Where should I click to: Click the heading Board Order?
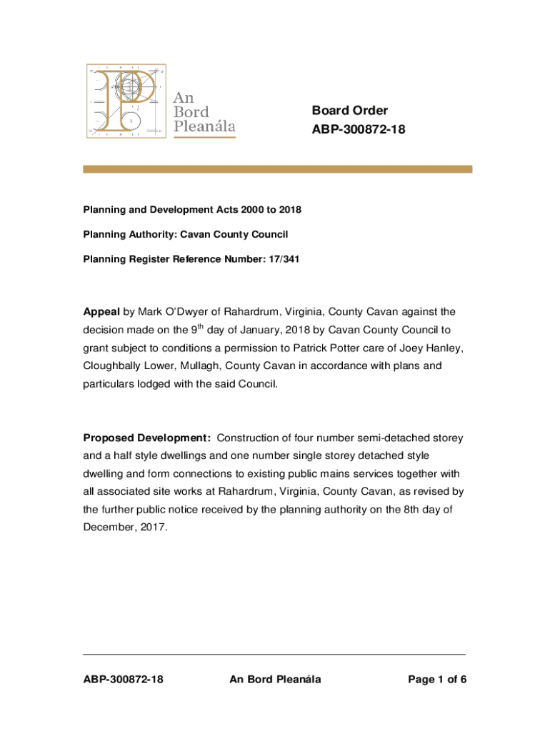click(x=349, y=110)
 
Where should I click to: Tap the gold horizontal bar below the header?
click(x=278, y=169)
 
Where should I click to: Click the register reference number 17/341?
click(x=284, y=259)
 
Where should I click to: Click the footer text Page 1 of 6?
click(x=437, y=680)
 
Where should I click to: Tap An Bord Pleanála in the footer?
click(x=275, y=680)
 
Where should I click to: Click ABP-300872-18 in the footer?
click(x=124, y=680)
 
